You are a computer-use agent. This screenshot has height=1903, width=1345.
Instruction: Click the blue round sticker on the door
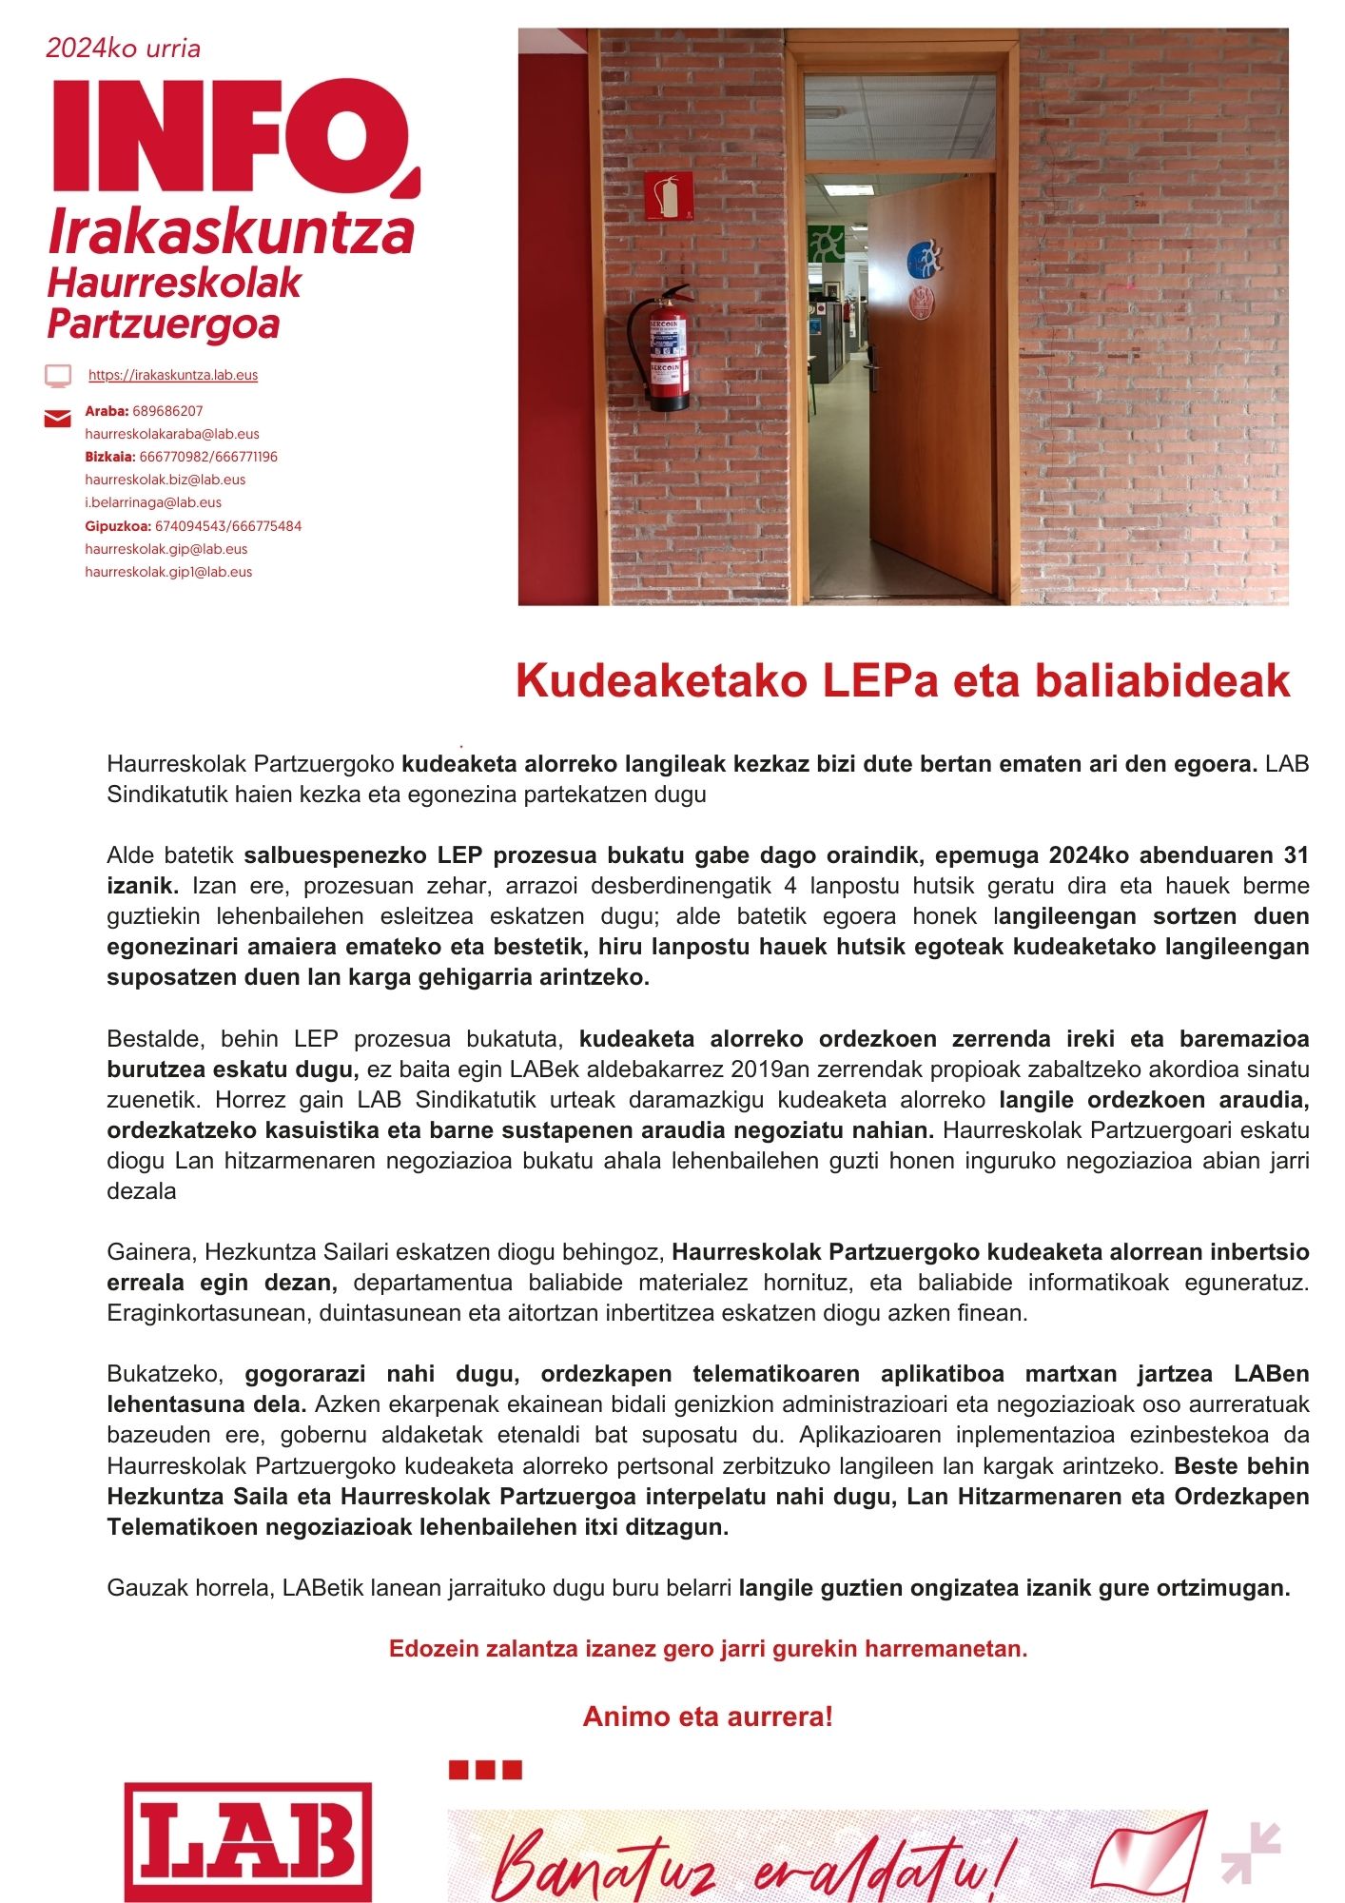point(923,259)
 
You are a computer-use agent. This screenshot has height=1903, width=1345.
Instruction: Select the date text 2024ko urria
point(124,49)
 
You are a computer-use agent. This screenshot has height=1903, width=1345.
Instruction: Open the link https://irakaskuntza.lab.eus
point(173,375)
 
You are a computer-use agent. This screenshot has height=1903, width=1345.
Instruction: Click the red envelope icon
point(58,419)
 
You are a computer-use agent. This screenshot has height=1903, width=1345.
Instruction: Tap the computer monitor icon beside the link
point(58,376)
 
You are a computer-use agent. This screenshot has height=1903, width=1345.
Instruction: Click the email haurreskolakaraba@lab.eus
point(172,434)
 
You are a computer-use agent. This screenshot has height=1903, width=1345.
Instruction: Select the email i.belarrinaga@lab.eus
point(153,502)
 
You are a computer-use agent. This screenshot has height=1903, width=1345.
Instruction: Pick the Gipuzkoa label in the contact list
point(118,526)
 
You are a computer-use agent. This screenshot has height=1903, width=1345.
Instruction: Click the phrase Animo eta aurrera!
point(708,1717)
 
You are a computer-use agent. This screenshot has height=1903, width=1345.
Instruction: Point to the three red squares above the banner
point(485,1770)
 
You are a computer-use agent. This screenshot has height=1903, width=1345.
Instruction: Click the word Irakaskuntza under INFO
point(231,232)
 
